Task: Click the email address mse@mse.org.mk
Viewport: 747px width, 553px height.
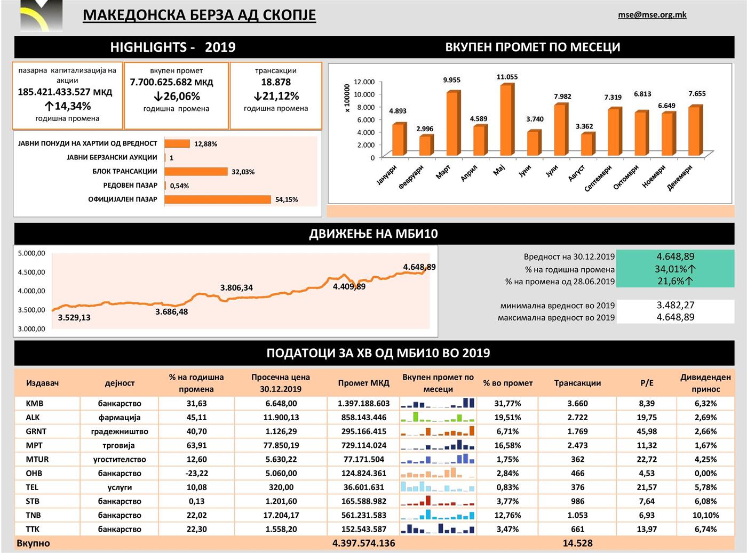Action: [x=652, y=15]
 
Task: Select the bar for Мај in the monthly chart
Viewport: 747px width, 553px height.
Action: [x=507, y=120]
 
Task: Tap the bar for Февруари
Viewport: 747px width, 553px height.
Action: [x=425, y=145]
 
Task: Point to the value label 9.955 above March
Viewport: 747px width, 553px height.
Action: [x=451, y=80]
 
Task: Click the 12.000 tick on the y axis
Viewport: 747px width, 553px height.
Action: [x=364, y=82]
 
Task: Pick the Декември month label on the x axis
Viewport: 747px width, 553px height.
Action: [x=680, y=178]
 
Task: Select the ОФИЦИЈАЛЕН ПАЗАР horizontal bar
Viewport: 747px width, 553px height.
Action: [x=218, y=199]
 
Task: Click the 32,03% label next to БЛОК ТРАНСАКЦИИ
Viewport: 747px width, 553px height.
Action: [x=243, y=172]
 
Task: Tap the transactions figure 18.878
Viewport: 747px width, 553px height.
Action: [x=276, y=82]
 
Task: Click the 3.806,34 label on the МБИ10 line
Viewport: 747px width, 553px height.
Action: [x=236, y=288]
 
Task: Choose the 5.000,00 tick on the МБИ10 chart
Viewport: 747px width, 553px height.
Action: [x=31, y=253]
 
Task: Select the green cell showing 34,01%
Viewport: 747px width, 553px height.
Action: [x=676, y=269]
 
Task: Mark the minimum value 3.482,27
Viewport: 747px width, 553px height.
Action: [x=676, y=305]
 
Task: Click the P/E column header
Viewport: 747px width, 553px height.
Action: [x=647, y=383]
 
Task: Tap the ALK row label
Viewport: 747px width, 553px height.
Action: [x=33, y=418]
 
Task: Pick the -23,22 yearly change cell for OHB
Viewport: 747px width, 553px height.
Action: [x=196, y=474]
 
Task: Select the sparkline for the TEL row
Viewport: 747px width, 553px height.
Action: [x=438, y=487]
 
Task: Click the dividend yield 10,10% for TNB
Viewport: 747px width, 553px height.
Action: [x=705, y=515]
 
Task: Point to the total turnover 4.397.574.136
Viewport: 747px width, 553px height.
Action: [x=363, y=543]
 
